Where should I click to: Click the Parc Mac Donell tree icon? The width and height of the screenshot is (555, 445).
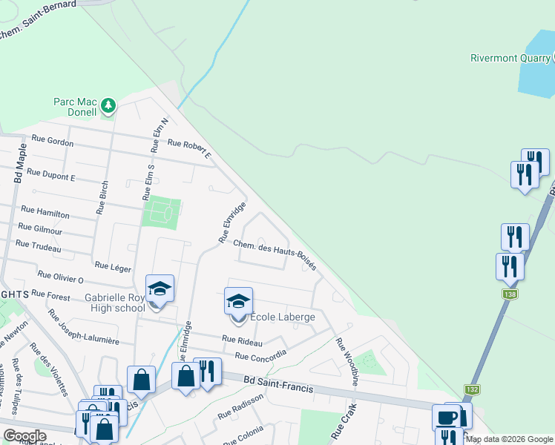coord(108,105)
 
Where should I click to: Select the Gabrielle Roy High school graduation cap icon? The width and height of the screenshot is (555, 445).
coord(160,288)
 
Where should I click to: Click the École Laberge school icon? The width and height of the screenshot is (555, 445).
coord(238,301)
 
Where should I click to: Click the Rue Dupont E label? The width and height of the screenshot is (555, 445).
coord(51,175)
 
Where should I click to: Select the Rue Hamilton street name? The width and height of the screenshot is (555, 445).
coord(45,213)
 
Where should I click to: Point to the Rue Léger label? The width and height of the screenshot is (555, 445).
coord(112,264)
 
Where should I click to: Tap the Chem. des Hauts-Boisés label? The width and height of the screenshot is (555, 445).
coord(275,252)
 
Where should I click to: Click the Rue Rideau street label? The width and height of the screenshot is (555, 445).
coord(242,341)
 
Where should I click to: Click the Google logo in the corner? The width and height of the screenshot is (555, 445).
coord(24,436)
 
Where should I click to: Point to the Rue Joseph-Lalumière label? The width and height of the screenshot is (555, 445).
coord(83,326)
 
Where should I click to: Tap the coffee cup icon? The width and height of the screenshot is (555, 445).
coord(447,417)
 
